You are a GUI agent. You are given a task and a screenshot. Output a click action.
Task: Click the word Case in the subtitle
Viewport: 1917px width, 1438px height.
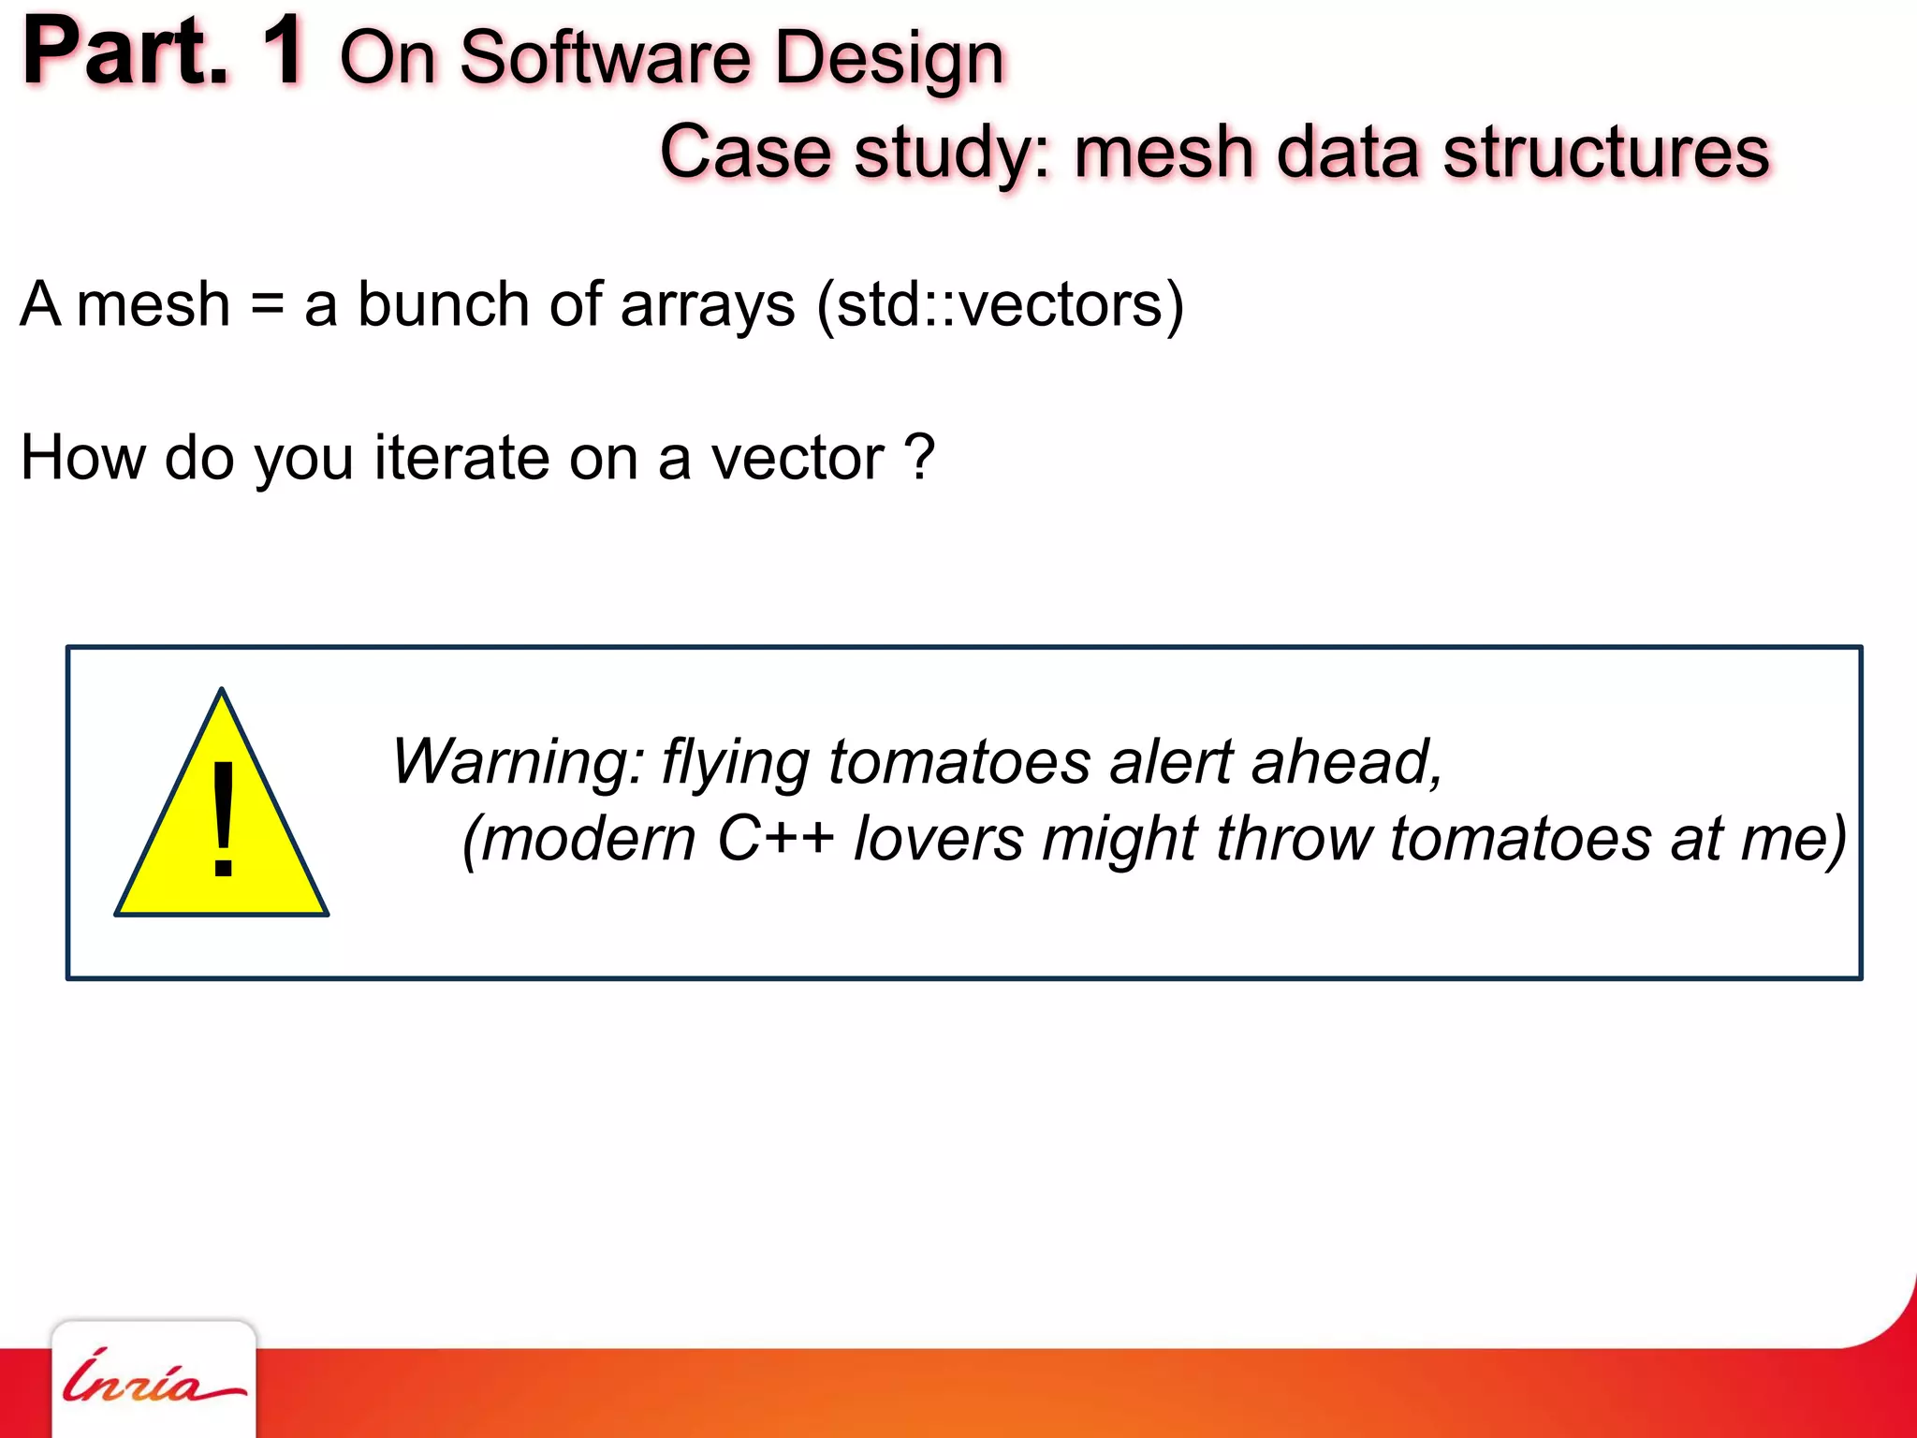click(746, 152)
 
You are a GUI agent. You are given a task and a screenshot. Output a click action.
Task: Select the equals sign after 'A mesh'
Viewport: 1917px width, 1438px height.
click(268, 305)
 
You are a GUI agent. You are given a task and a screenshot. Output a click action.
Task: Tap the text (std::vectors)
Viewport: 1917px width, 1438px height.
click(1001, 305)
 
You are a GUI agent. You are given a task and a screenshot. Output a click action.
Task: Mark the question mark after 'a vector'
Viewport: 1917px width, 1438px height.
click(920, 458)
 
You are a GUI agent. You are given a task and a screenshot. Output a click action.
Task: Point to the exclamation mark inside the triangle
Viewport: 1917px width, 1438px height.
click(223, 818)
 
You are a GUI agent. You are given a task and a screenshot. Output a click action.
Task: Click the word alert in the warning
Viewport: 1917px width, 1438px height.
click(1171, 761)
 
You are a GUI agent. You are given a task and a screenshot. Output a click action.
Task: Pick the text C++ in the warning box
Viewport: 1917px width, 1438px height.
click(775, 838)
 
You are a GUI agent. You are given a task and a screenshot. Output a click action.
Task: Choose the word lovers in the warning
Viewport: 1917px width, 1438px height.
click(939, 838)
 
